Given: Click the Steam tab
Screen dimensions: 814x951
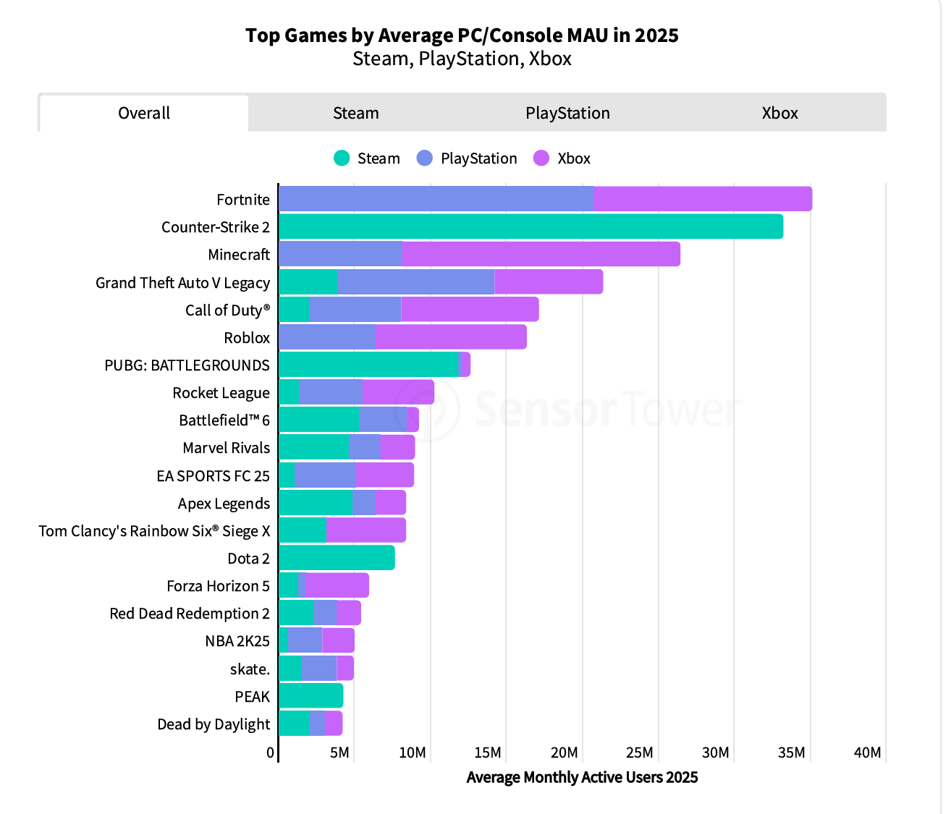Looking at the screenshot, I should (355, 114).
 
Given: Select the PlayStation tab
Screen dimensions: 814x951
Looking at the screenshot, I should (567, 114).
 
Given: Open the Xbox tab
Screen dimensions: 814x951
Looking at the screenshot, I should (779, 114).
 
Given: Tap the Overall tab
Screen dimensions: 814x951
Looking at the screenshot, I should (144, 114).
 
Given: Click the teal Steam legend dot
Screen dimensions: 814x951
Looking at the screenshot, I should (342, 158).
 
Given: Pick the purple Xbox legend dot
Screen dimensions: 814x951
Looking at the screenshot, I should (541, 158).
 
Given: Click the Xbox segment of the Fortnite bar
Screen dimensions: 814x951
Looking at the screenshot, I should (703, 199).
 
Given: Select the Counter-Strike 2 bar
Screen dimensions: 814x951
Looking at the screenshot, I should (531, 226).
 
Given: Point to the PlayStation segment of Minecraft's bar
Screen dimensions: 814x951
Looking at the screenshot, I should (340, 254).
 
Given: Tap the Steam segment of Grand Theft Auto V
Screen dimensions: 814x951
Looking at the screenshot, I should (308, 282).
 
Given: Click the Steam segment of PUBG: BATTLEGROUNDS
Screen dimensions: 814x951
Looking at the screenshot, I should (368, 365).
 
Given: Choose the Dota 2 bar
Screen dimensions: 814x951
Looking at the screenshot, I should (337, 558).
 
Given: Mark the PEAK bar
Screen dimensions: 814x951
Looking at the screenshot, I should (310, 696).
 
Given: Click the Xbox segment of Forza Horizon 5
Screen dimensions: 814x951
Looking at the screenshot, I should (337, 585).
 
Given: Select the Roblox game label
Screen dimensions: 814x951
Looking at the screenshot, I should (247, 338).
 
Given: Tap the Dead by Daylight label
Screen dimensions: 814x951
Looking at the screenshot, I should (214, 724).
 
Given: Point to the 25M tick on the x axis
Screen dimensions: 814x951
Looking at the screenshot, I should (640, 752).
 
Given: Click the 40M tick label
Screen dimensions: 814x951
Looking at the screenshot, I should (867, 752).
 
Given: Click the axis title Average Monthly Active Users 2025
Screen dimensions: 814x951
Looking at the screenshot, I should (582, 778).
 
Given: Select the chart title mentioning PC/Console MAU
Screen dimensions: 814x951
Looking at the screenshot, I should (462, 35).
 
